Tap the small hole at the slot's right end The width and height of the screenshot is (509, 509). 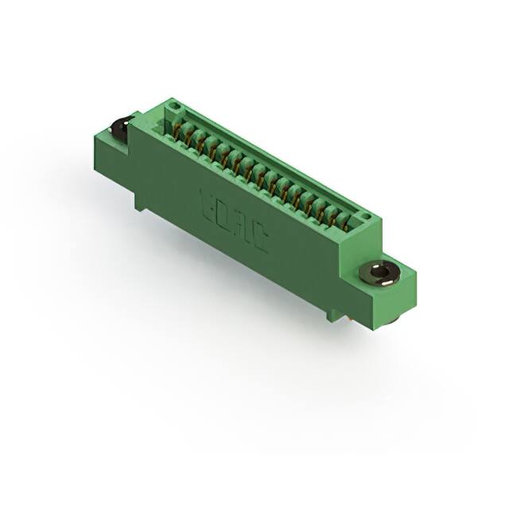pos(363,216)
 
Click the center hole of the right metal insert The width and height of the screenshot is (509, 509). pos(383,273)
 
